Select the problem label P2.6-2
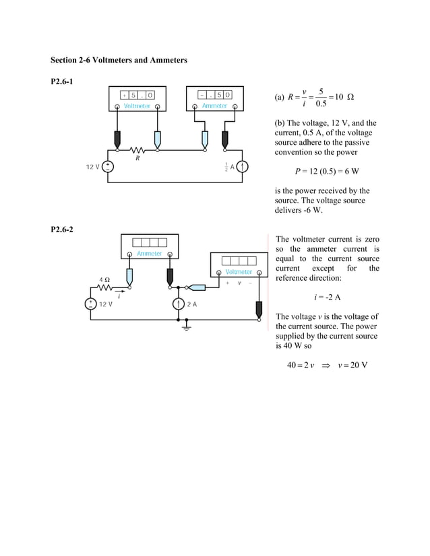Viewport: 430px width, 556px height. [63, 230]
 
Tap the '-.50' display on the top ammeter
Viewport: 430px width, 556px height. [215, 95]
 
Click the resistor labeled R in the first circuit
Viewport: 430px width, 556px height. [137, 151]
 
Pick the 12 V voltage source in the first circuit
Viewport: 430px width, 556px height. [108, 166]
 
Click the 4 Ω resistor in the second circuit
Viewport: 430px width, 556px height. [106, 287]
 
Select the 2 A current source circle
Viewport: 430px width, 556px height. [177, 304]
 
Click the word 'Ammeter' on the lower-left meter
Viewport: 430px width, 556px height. [149, 254]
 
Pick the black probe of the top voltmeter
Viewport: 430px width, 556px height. [118, 139]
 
